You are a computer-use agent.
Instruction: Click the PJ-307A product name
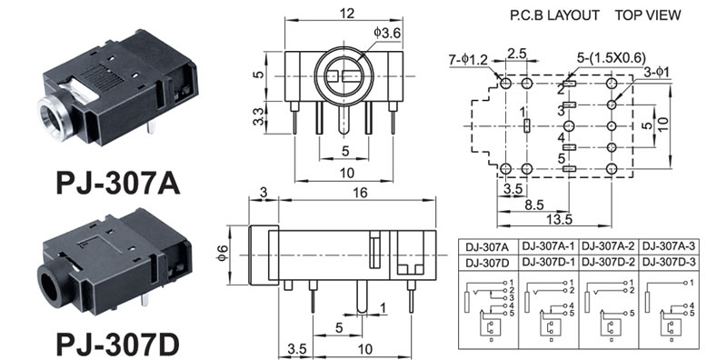[x=118, y=184]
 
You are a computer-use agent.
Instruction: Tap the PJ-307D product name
[x=118, y=345]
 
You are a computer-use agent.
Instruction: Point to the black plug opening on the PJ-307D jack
[x=51, y=287]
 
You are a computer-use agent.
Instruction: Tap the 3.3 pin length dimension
[x=260, y=117]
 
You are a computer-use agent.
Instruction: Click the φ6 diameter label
[x=223, y=255]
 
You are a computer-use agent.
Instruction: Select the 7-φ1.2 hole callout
[x=468, y=60]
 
